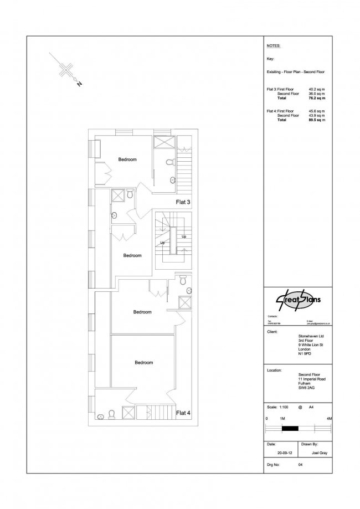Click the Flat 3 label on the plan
coord(183,202)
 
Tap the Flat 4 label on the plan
coord(183,413)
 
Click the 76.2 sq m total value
coord(316,98)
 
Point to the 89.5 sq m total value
coord(316,120)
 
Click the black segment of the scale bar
coord(290,428)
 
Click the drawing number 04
coord(300,465)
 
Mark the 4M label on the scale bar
coord(329,418)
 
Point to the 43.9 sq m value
coord(316,115)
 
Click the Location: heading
coord(275,369)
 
